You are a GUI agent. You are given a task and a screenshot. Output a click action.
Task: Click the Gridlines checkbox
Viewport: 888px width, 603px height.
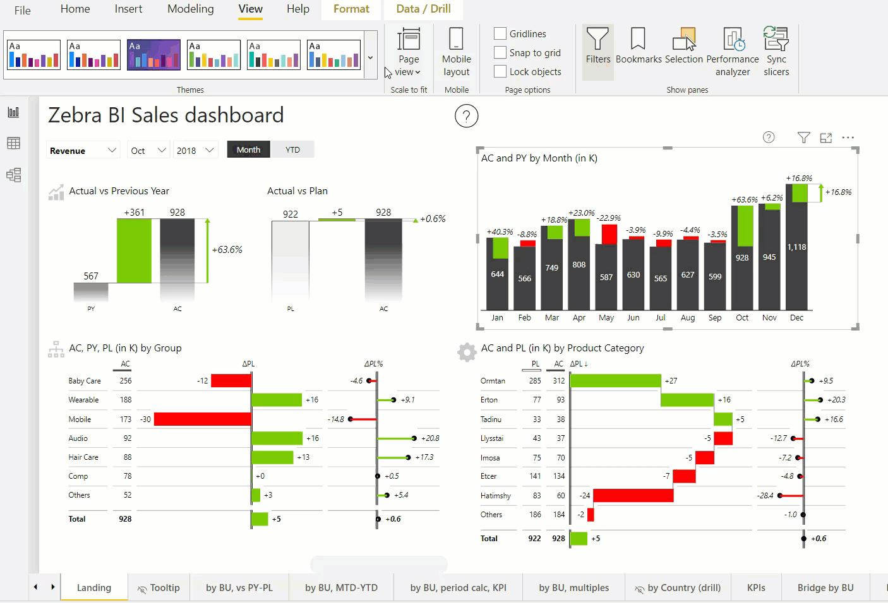[x=500, y=34]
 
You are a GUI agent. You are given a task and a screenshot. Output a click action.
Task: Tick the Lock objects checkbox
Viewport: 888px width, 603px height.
[x=500, y=72]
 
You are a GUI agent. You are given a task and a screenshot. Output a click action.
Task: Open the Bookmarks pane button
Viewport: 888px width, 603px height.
[x=639, y=47]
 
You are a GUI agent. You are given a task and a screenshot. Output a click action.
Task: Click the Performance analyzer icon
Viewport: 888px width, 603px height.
[x=733, y=40]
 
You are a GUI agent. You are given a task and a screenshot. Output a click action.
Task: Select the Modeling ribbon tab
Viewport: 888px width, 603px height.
[x=190, y=9]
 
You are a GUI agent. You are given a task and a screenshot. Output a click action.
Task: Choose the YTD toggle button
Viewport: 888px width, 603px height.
[x=292, y=150]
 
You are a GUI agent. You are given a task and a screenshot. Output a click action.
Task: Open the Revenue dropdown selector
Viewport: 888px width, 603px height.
[x=83, y=151]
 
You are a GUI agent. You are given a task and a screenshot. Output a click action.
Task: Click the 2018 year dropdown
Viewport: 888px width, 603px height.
[x=195, y=151]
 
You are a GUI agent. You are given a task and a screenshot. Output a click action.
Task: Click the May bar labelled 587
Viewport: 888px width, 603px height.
[x=606, y=276]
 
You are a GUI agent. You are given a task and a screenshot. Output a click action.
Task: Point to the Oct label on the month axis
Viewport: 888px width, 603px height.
[x=742, y=318]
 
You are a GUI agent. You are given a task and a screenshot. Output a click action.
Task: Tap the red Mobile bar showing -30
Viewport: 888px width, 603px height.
[x=202, y=419]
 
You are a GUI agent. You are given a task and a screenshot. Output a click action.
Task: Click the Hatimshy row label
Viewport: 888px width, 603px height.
[x=496, y=496]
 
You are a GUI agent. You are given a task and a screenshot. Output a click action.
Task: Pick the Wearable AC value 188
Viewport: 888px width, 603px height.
[x=126, y=400]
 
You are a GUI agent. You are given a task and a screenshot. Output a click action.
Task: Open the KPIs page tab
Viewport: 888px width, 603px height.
[x=756, y=588]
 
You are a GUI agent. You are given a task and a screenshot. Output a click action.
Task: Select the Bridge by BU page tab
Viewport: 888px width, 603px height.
[x=825, y=588]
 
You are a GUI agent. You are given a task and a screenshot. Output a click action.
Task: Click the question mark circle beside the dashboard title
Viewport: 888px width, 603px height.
[x=466, y=116]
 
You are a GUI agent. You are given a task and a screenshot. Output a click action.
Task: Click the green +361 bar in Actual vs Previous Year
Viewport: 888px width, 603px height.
[x=134, y=250]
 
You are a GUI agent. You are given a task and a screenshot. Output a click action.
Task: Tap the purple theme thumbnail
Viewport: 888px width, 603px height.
[x=153, y=55]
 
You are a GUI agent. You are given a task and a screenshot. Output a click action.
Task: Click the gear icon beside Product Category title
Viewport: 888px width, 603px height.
[x=467, y=352]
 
